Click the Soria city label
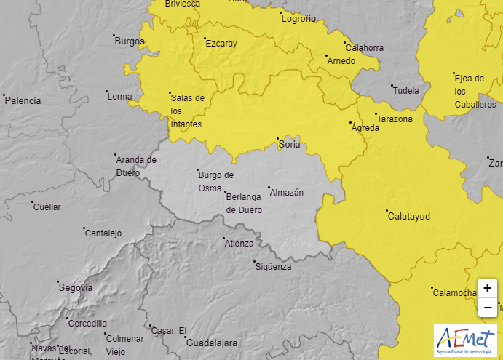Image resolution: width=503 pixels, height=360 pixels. coord(290,145)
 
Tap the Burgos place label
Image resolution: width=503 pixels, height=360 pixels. coord(130,41)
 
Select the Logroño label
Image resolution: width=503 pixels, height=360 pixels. coord(298,19)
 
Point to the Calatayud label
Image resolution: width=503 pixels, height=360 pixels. coord(409,216)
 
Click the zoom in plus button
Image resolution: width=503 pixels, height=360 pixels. coord(487,288)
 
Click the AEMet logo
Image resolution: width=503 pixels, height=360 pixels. coord(465,340)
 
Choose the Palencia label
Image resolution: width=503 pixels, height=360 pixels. coord(23,101)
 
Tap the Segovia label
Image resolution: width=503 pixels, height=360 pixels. coord(76,287)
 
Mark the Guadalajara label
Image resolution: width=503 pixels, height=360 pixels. coord(212,343)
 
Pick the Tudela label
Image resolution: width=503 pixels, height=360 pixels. coord(406,91)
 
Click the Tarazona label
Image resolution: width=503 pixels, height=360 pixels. coord(395,119)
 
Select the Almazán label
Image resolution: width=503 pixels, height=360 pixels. coord(286,193)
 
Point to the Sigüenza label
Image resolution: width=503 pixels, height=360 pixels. coord(273,267)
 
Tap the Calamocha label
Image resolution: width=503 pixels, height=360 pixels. coord(454,293)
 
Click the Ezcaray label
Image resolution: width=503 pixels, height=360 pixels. coord(221,44)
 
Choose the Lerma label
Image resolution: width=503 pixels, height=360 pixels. coord(119,97)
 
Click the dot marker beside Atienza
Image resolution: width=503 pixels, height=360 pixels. coord(224,238)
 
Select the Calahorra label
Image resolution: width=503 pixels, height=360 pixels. coord(365,48)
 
